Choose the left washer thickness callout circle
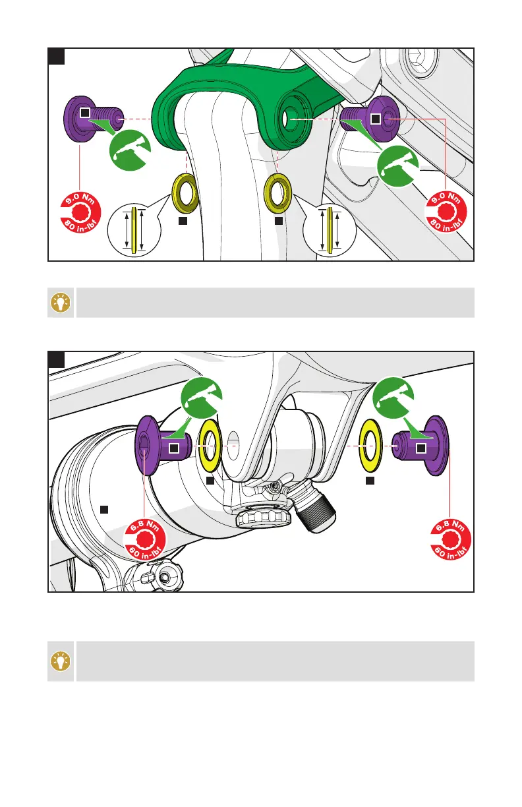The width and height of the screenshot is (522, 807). point(134,229)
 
